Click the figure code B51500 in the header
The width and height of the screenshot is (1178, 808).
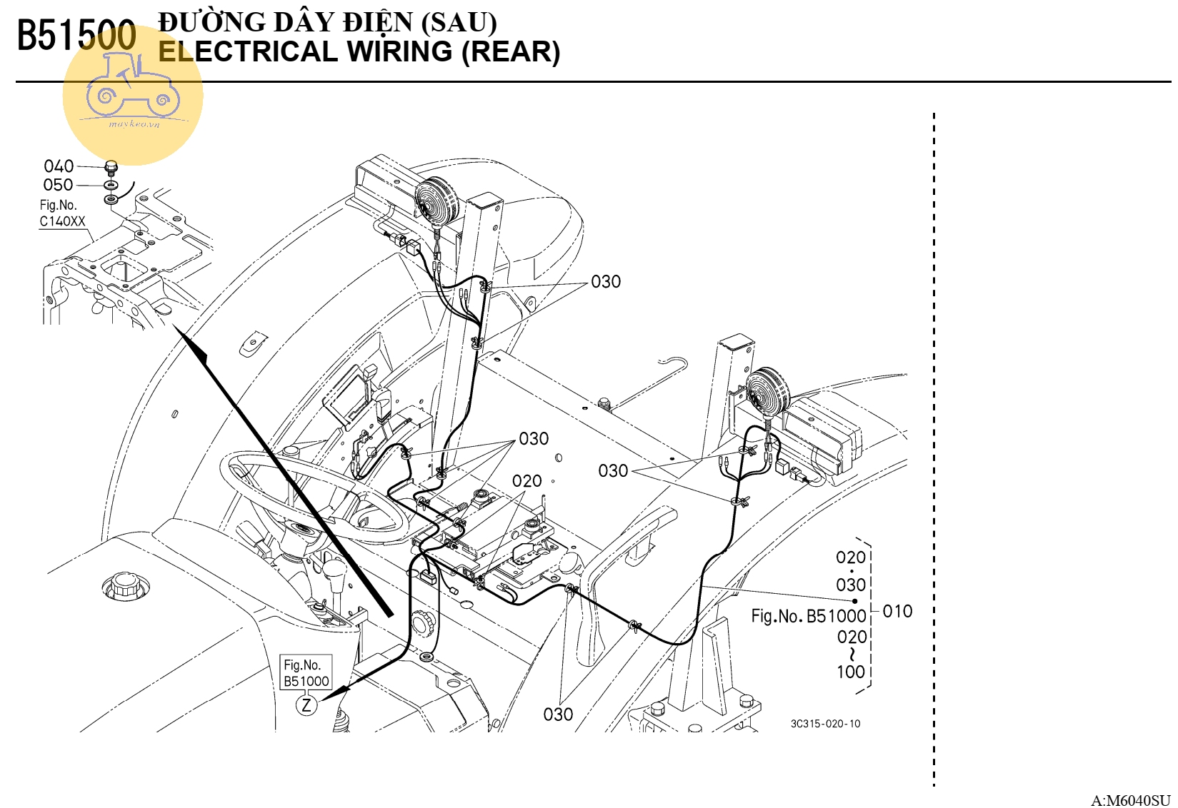pos(76,36)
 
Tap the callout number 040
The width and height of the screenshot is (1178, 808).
pos(59,166)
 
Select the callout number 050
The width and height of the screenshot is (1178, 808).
pos(58,185)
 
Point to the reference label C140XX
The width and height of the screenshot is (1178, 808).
pos(62,221)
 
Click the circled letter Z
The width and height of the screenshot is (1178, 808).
pos(306,706)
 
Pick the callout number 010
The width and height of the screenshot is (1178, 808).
pos(897,611)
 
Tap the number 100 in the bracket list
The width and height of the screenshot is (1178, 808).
pos(850,672)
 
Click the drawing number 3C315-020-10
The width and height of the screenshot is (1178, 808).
pos(825,724)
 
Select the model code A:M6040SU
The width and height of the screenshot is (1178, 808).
pos(1130,800)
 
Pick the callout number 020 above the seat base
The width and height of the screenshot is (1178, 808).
pos(527,481)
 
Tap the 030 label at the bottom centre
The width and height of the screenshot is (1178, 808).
pos(558,714)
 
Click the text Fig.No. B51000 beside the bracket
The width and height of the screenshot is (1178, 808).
pos(808,616)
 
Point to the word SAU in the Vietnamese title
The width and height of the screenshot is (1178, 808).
pos(459,23)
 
